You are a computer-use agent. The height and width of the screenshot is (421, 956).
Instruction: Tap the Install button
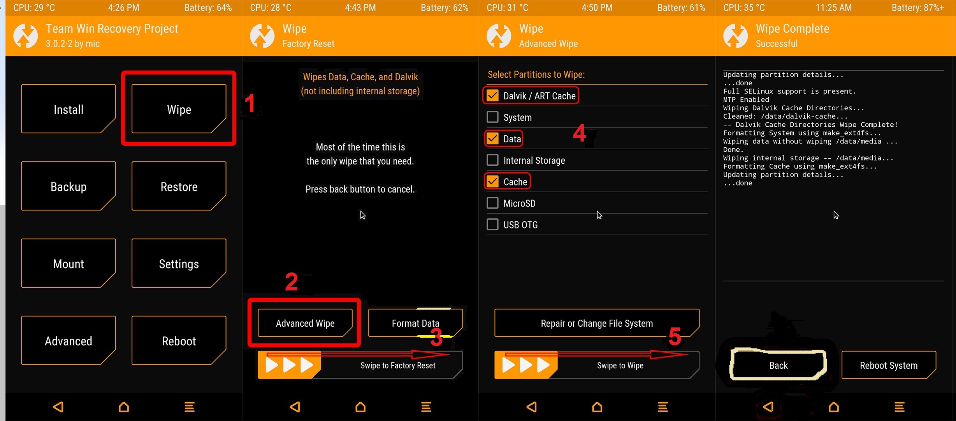[69, 109]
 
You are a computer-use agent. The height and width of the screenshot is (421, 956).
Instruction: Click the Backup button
[69, 186]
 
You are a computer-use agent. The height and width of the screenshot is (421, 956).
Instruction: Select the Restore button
[179, 186]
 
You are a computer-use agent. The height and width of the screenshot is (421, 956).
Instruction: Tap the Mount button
[69, 263]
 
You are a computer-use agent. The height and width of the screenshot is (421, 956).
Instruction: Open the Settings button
[179, 263]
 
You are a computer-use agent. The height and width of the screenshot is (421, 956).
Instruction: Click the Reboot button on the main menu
[179, 340]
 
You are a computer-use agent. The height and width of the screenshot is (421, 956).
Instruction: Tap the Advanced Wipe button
[305, 323]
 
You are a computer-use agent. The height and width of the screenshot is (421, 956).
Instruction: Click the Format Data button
[415, 323]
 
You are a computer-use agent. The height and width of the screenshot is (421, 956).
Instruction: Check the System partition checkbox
[493, 117]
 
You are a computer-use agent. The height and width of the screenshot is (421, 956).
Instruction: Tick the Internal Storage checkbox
[493, 160]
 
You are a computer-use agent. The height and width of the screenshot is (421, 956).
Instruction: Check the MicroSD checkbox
[493, 203]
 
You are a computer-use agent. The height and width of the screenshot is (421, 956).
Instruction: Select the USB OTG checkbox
[493, 224]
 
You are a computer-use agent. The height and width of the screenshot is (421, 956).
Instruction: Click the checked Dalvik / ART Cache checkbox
[493, 96]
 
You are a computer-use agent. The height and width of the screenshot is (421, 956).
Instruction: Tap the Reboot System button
[889, 365]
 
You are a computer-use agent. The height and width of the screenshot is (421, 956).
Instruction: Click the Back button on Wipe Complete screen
[779, 365]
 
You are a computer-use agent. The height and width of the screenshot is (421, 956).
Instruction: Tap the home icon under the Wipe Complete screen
[834, 407]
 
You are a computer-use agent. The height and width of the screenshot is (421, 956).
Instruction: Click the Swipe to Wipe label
[620, 365]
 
